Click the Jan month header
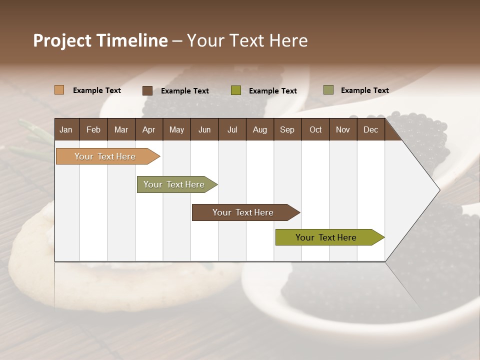(x=66, y=129)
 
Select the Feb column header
(x=93, y=129)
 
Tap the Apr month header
(x=149, y=129)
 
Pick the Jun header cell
(x=204, y=129)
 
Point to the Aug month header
(x=260, y=129)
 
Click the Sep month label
(x=287, y=129)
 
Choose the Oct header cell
(x=315, y=129)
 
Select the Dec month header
(x=371, y=129)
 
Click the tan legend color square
(x=59, y=90)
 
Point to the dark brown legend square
(x=147, y=90)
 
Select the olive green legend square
(x=236, y=90)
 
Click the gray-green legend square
(x=328, y=90)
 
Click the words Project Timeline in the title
(x=100, y=40)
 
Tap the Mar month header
(x=121, y=129)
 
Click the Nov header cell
(x=343, y=129)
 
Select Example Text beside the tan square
(x=97, y=90)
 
